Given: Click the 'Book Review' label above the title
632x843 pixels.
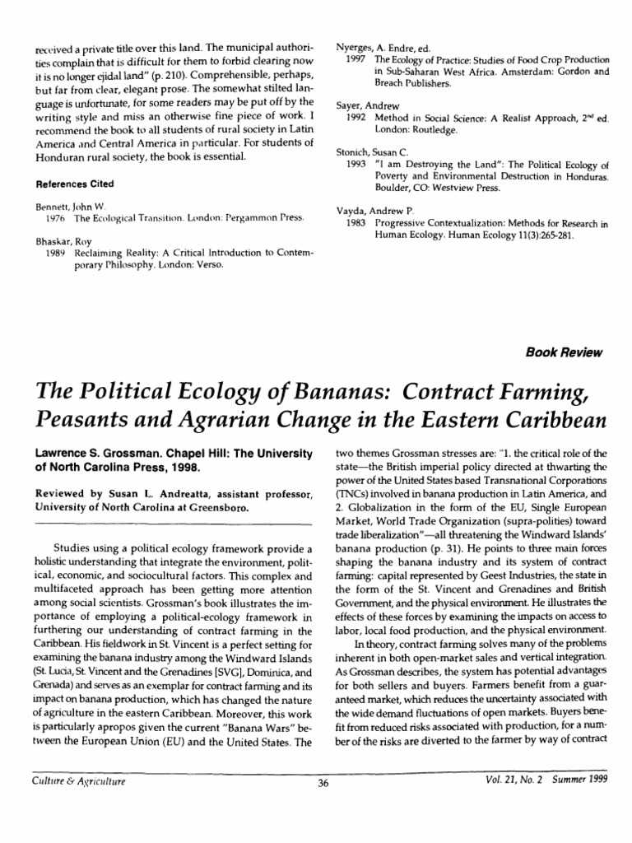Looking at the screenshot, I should [x=564, y=352].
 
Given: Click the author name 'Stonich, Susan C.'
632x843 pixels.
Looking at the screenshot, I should [x=372, y=153].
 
